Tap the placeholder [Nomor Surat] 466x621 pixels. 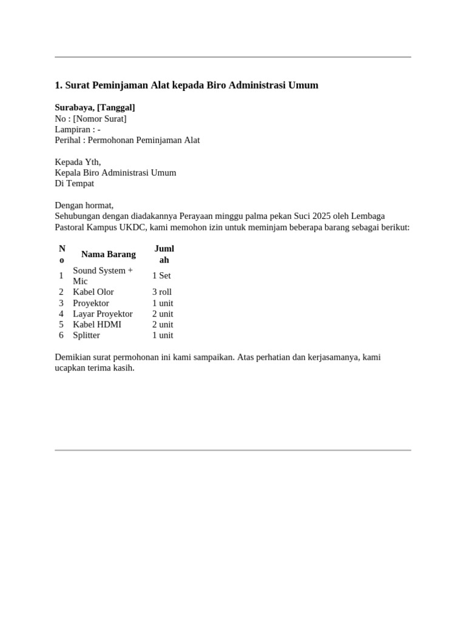[x=100, y=118]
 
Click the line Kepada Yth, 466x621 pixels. [x=78, y=162]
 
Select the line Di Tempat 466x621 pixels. [x=75, y=184]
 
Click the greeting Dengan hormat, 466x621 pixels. [x=84, y=206]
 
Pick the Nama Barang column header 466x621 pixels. [x=109, y=254]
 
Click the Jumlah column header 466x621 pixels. [x=164, y=254]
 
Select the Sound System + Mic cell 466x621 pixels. [x=103, y=276]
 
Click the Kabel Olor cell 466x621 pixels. [x=93, y=292]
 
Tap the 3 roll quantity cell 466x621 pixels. [x=162, y=292]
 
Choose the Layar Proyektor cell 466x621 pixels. [x=103, y=314]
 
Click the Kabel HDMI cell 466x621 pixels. [x=97, y=324]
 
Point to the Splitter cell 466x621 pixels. [x=86, y=335]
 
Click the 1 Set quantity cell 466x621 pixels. [x=161, y=276]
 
